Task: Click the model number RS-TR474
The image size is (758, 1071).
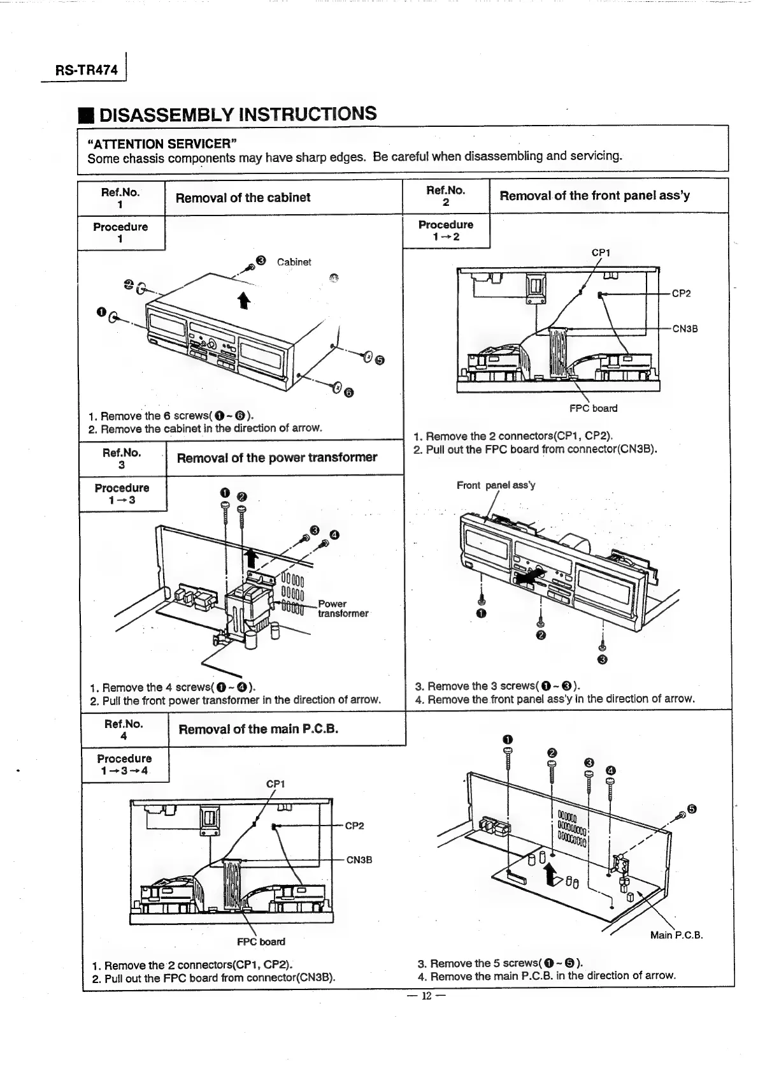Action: pos(81,71)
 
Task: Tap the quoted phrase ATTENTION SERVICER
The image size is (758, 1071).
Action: pos(162,143)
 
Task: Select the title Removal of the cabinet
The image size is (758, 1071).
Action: pos(243,198)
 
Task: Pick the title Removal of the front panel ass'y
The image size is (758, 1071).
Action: pos(594,196)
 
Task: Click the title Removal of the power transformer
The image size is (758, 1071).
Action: pos(276,458)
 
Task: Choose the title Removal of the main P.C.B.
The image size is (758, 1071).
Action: pos(258,729)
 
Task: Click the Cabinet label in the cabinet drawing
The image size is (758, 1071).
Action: pos(294,262)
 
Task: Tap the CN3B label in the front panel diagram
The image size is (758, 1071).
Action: pos(685,329)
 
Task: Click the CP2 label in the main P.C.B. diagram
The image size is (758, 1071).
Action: pos(354,826)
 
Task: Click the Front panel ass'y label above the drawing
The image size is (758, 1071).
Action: pos(496,485)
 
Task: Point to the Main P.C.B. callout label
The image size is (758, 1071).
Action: pos(676,936)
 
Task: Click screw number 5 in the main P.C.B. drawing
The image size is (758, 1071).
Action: pos(692,810)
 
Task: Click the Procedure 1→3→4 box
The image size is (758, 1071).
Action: pos(125,764)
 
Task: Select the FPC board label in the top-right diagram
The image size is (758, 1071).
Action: pos(593,408)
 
